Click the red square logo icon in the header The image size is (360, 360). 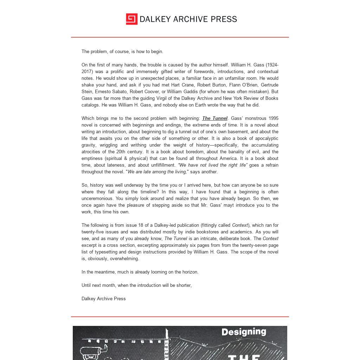[131, 19]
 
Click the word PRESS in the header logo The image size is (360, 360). [224, 19]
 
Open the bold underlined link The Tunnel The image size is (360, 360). [214, 118]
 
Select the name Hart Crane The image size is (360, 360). [180, 85]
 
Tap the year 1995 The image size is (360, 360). [273, 118]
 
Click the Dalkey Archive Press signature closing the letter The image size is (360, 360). [103, 299]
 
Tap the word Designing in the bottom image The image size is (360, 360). [244, 332]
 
